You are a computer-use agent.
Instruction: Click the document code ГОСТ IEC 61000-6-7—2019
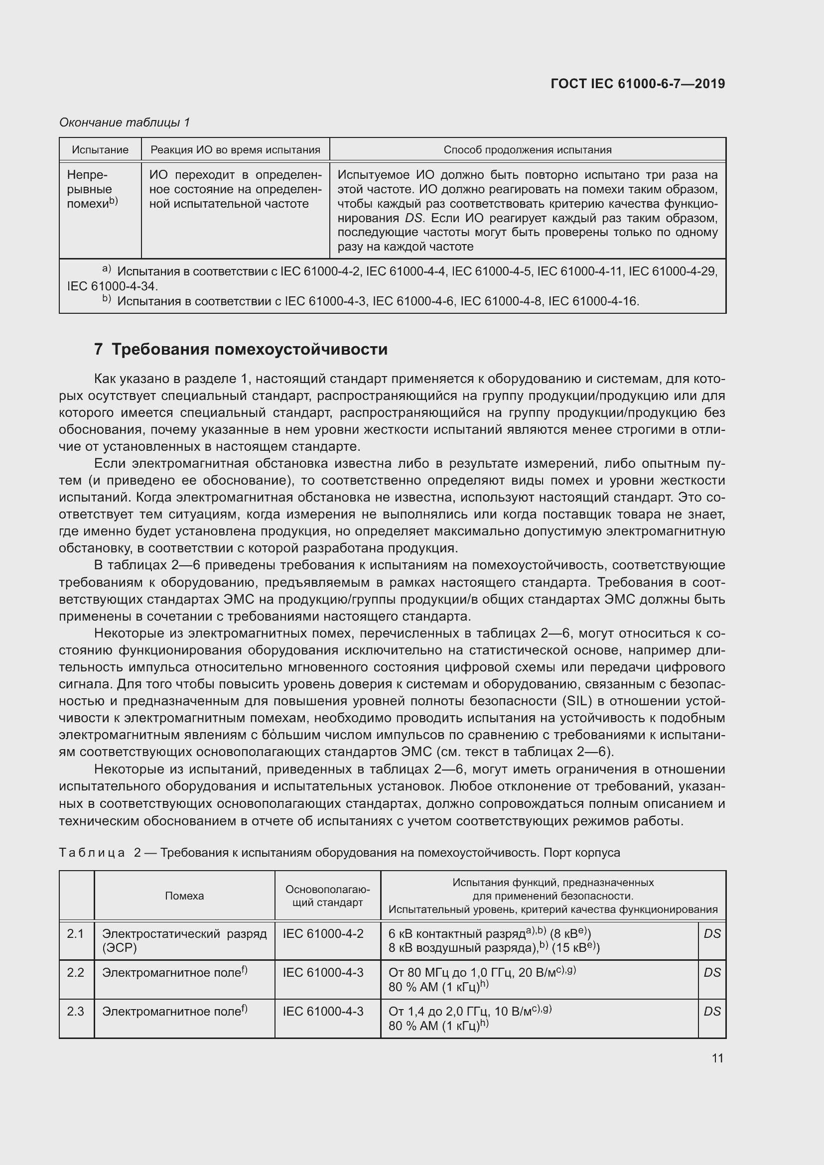pyautogui.click(x=637, y=84)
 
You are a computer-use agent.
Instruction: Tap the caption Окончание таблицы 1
pyautogui.click(x=125, y=123)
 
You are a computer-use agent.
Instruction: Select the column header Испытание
pyautogui.click(x=100, y=150)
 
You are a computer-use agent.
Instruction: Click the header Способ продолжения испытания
pyautogui.click(x=527, y=150)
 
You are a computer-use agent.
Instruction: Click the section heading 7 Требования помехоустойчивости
pyautogui.click(x=241, y=349)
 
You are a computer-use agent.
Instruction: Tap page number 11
pyautogui.click(x=717, y=1058)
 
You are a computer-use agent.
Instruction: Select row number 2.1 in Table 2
pyautogui.click(x=76, y=933)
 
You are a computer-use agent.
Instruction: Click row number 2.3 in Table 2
pyautogui.click(x=76, y=1011)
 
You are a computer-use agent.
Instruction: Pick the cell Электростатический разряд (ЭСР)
pyautogui.click(x=184, y=940)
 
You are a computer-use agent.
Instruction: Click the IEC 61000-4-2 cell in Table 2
pyautogui.click(x=323, y=933)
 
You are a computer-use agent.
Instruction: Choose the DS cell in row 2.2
pyautogui.click(x=712, y=972)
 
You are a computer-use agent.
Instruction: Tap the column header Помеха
pyautogui.click(x=184, y=896)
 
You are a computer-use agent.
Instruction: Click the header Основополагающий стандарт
pyautogui.click(x=327, y=896)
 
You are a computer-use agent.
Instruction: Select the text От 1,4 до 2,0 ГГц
pyautogui.click(x=439, y=1012)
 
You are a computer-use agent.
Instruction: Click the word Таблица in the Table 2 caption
pyautogui.click(x=92, y=852)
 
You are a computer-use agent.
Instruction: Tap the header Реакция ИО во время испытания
pyautogui.click(x=236, y=150)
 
